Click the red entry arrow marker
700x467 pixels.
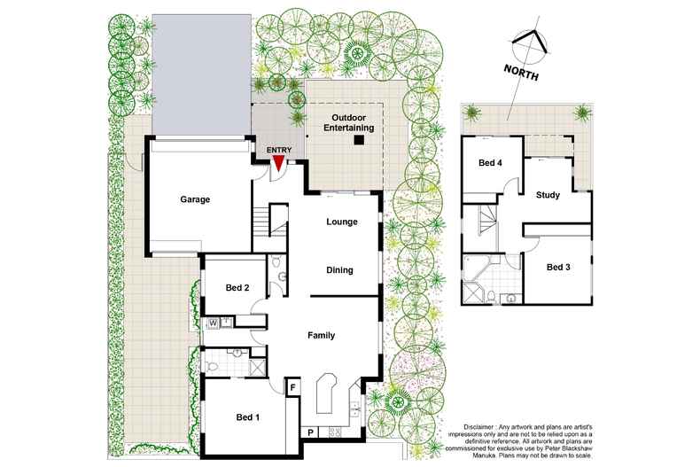[x=278, y=162]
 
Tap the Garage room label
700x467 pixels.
[x=195, y=199]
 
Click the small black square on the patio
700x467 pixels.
[x=359, y=140]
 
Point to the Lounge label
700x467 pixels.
[x=341, y=222]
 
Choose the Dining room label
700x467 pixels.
[x=339, y=270]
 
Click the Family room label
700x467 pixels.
[x=320, y=336]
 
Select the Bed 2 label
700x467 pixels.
[x=237, y=288]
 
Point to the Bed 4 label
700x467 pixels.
[x=491, y=163]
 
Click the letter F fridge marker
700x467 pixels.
[x=293, y=387]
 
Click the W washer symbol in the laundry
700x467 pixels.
[x=214, y=323]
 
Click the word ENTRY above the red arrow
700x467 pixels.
[x=278, y=150]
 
